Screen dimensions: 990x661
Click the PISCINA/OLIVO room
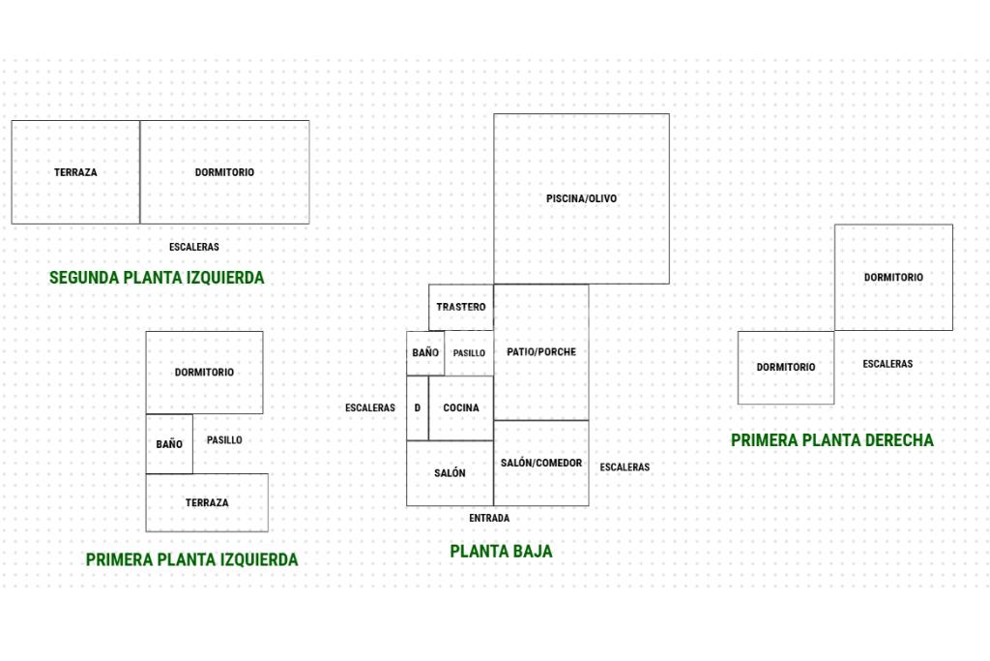click(x=581, y=198)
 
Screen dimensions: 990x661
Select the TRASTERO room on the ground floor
click(x=461, y=307)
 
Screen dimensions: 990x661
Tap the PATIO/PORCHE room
click(x=541, y=351)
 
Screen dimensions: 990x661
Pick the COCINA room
click(x=461, y=407)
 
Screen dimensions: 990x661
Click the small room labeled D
click(x=418, y=407)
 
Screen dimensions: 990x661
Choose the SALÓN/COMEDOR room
click(x=541, y=463)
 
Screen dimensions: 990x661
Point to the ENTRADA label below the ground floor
click(x=489, y=519)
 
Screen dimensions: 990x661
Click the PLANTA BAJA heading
click(x=501, y=552)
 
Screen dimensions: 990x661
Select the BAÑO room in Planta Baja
click(x=425, y=353)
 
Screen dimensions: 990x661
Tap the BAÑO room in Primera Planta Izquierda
click(x=169, y=444)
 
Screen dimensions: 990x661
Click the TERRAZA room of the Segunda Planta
click(x=75, y=172)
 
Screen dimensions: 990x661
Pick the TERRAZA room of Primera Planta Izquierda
click(x=207, y=502)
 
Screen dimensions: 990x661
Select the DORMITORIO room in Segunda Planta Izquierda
click(x=224, y=172)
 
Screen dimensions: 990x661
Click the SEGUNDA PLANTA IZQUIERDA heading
click(x=157, y=278)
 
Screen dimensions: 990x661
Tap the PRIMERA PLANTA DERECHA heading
click(x=832, y=440)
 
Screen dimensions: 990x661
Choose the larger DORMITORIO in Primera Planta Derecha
click(x=893, y=278)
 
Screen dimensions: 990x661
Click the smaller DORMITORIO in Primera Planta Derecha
click(x=786, y=368)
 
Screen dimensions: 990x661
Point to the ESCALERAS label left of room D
click(x=370, y=408)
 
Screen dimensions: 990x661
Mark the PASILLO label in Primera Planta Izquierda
click(x=224, y=440)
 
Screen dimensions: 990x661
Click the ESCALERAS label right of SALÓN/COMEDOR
click(x=625, y=467)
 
